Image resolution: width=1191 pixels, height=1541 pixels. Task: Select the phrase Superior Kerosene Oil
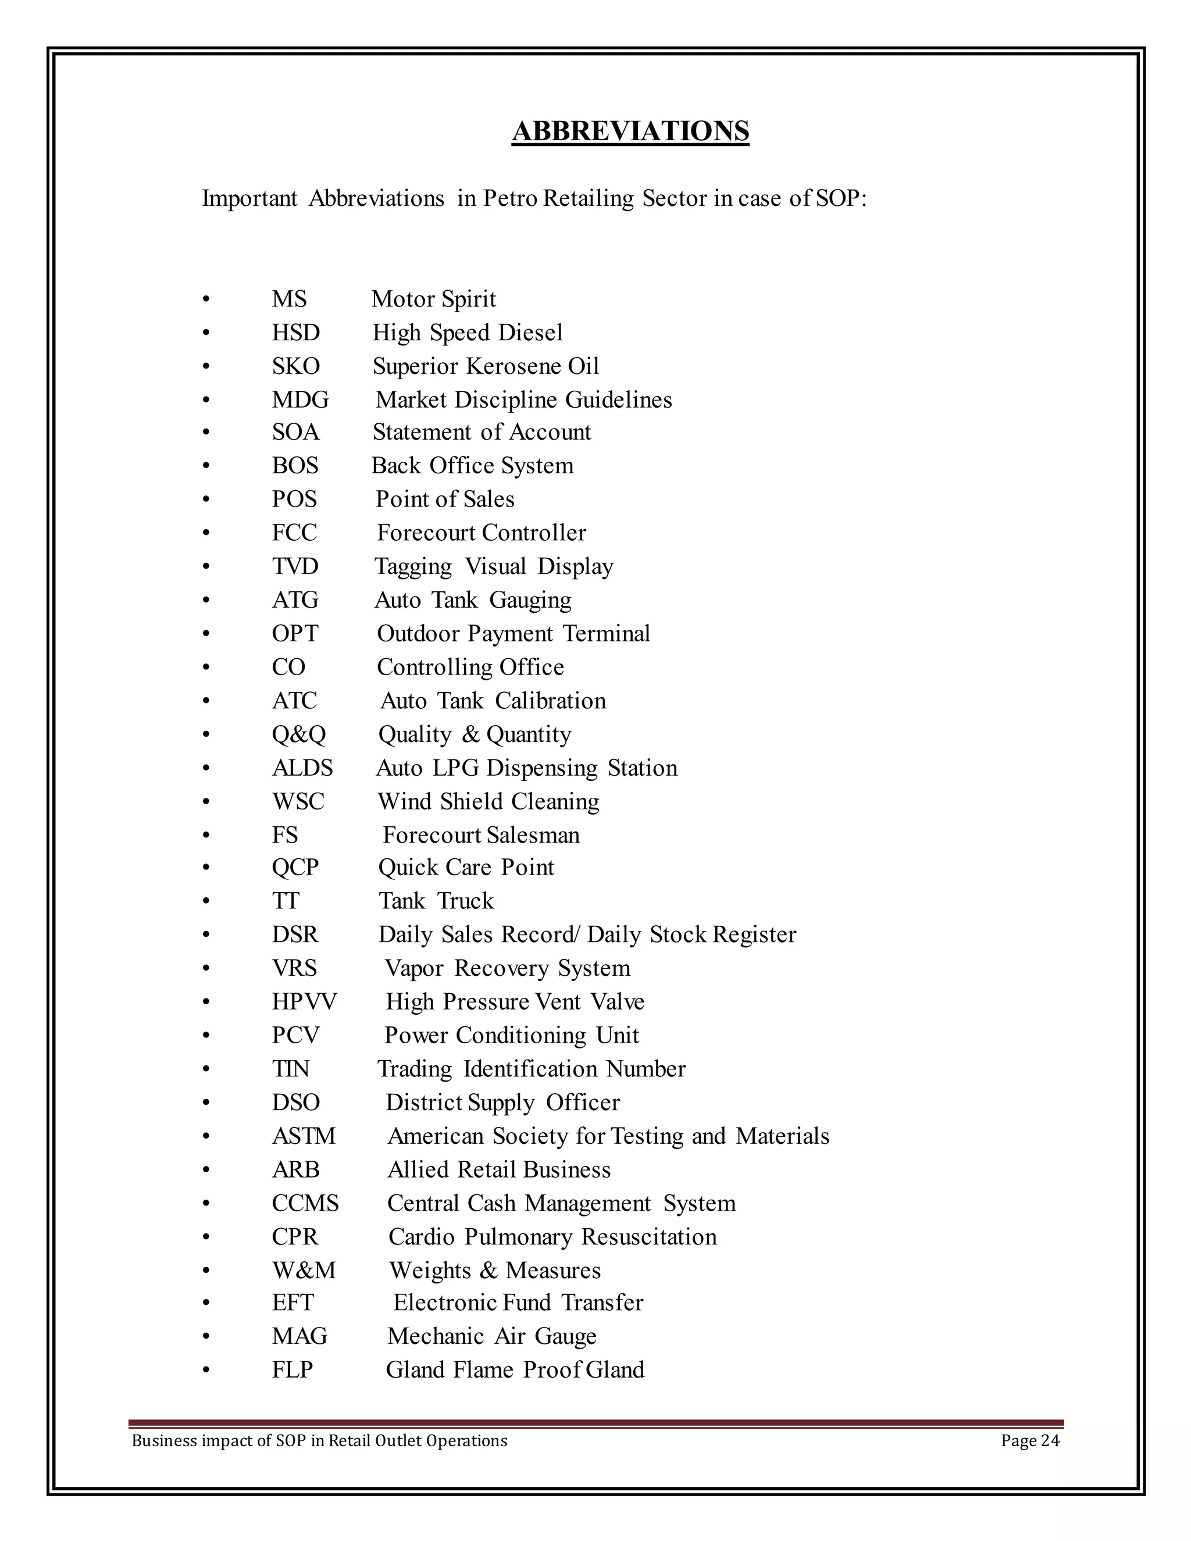point(486,366)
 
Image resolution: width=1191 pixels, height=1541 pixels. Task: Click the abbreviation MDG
point(300,400)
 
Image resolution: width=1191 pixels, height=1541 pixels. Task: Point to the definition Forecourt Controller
point(481,533)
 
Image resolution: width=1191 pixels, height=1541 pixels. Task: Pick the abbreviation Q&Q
point(298,734)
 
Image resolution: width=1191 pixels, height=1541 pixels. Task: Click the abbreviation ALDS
point(302,768)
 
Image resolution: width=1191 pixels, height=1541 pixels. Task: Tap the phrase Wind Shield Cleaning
point(488,801)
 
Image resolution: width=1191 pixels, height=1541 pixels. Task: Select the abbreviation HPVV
point(304,1002)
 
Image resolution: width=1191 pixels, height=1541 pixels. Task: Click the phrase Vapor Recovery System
point(507,968)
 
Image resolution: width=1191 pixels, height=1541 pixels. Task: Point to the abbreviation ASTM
point(304,1136)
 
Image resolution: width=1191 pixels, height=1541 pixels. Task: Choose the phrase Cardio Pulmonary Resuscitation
point(552,1237)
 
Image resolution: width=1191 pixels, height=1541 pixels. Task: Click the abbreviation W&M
point(304,1270)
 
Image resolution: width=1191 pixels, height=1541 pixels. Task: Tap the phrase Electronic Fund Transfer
point(518,1303)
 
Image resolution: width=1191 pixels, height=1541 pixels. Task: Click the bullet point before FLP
point(206,1370)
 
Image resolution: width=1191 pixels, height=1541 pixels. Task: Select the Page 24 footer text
point(1029,1441)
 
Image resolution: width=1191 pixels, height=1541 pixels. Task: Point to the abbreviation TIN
point(291,1069)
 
